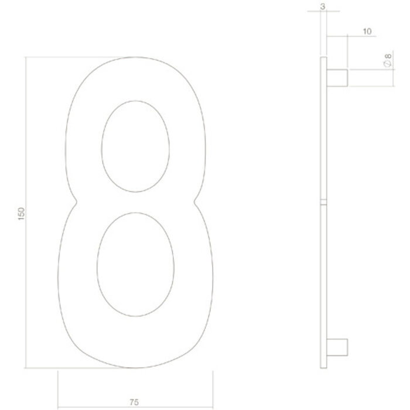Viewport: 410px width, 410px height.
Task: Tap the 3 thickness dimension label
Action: [x=323, y=7]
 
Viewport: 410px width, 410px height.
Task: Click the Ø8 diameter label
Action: [x=387, y=61]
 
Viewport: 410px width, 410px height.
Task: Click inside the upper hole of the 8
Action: [x=136, y=146]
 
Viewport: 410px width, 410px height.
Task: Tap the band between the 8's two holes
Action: [x=136, y=201]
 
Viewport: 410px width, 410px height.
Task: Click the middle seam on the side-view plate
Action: [x=323, y=203]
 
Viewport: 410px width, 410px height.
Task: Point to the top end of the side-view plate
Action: [x=323, y=57]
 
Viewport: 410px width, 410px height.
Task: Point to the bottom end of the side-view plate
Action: [x=323, y=367]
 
